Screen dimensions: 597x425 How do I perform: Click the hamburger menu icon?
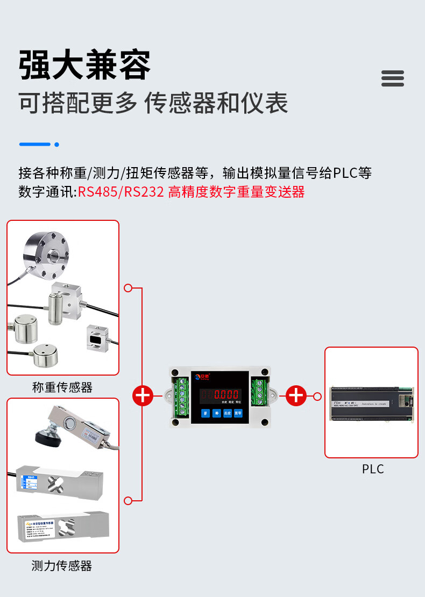point(392,78)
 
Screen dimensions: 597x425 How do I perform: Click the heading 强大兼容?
point(84,66)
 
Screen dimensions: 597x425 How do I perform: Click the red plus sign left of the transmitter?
point(143,396)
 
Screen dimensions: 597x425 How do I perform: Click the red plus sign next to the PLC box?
point(296,396)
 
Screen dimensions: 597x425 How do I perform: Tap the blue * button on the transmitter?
point(216,413)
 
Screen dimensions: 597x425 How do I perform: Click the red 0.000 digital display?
point(226,394)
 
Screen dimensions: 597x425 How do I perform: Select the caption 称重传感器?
point(62,387)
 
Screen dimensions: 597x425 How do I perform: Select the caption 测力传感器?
point(62,565)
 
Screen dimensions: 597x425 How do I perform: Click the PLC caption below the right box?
point(373,469)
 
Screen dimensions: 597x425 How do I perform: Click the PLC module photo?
point(371,404)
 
